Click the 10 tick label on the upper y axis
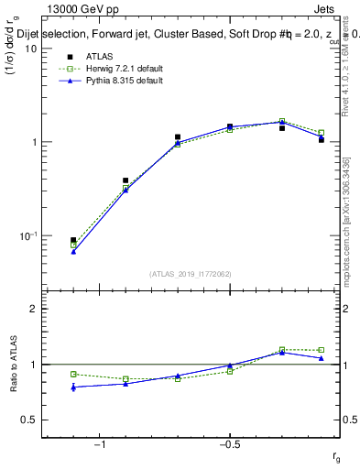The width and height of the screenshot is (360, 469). (29, 49)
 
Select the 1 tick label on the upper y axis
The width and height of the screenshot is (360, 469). (33, 142)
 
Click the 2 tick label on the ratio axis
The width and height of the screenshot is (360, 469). (33, 309)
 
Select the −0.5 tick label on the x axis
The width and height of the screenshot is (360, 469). (228, 445)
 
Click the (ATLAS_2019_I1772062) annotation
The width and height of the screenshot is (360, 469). (191, 274)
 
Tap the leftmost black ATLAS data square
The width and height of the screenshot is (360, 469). (73, 240)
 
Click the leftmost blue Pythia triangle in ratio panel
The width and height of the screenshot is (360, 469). (73, 387)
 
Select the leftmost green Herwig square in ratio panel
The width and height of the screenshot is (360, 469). (73, 374)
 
